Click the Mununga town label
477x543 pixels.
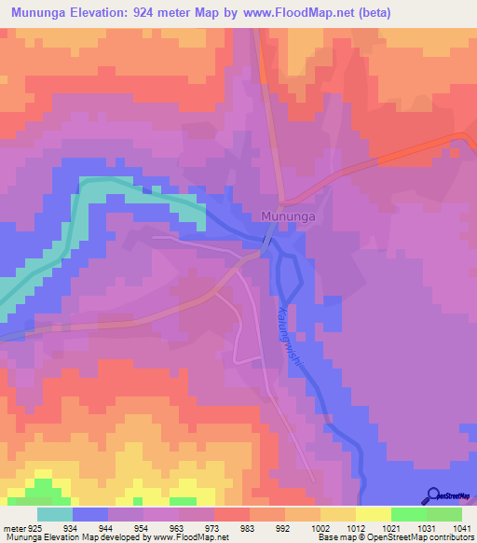285,216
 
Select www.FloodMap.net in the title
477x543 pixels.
305,12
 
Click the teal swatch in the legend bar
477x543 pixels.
55,514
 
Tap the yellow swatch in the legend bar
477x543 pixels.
374,514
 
